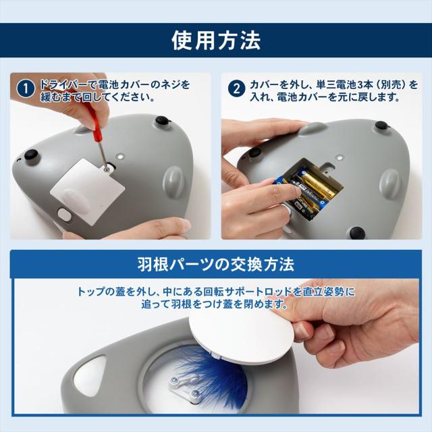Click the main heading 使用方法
(x=216, y=40)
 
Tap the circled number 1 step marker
(x=24, y=89)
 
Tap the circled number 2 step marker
(x=236, y=89)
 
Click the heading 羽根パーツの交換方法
(x=216, y=263)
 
